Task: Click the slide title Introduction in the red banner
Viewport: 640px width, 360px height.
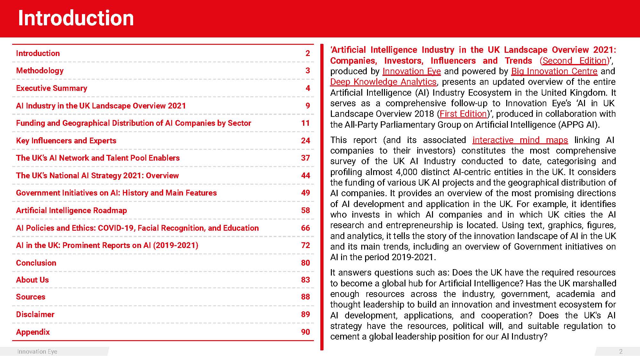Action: [x=76, y=18]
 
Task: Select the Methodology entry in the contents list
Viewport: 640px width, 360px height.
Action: [x=40, y=70]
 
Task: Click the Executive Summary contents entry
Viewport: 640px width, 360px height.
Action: [x=52, y=88]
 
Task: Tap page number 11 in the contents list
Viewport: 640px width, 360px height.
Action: [x=305, y=123]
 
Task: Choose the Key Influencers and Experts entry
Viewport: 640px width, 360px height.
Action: [x=66, y=140]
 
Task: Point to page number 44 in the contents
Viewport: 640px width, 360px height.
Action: [x=305, y=175]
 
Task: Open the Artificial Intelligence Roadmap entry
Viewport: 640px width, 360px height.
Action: [x=71, y=210]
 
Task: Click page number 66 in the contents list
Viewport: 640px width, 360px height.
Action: [x=305, y=228]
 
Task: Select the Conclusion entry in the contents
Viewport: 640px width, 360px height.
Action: [x=36, y=263]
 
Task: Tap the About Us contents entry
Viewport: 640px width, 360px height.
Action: [x=32, y=280]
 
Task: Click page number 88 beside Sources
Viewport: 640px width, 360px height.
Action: [x=305, y=297]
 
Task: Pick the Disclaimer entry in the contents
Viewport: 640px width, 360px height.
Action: [x=35, y=314]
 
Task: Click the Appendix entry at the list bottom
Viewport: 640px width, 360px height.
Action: [x=33, y=332]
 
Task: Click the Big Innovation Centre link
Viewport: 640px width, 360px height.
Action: [x=554, y=71]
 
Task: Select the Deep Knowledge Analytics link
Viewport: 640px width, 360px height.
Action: [x=383, y=82]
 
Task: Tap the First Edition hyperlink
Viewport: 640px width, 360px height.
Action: [x=463, y=114]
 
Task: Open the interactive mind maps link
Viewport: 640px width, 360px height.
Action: [x=520, y=140]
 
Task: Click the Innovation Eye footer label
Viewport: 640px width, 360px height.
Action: [x=37, y=351]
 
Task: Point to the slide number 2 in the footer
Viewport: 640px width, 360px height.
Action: [x=620, y=351]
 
